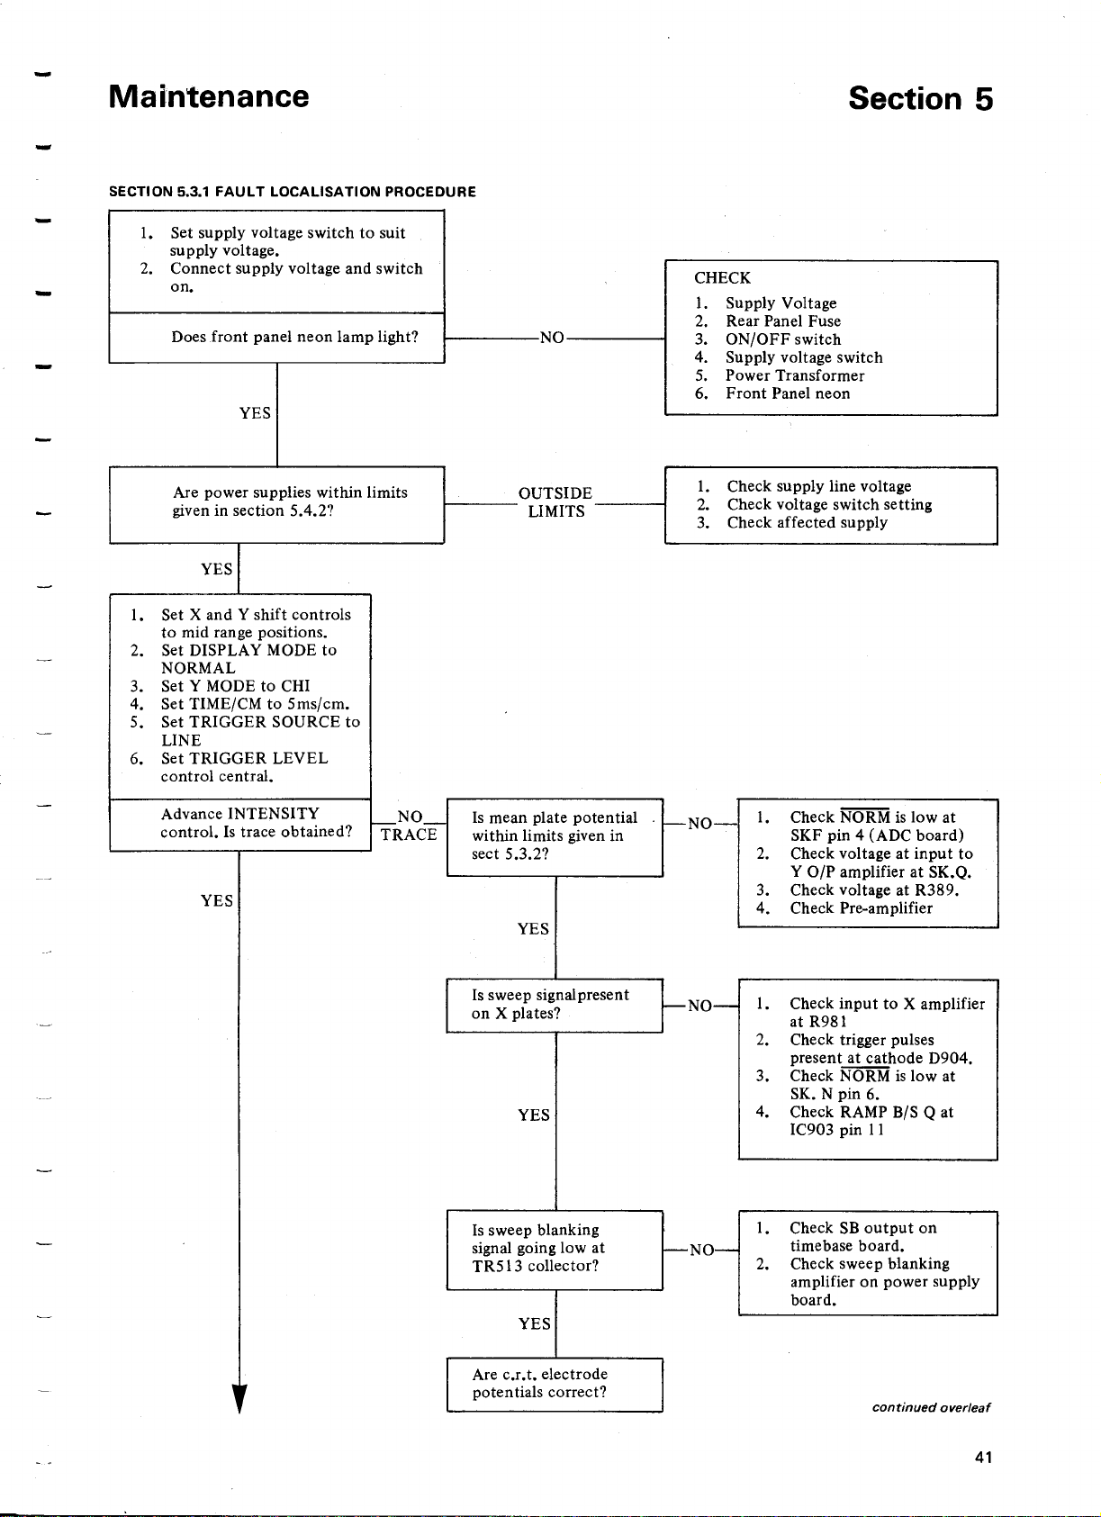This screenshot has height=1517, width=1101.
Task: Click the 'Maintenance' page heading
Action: point(209,97)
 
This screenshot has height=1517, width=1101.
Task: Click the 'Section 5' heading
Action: point(920,99)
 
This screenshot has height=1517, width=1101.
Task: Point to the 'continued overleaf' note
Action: point(931,1407)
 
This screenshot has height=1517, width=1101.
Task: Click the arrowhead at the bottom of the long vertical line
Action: point(239,1398)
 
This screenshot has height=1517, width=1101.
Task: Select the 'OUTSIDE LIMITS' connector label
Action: point(555,501)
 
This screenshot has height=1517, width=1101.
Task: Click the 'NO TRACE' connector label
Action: point(409,826)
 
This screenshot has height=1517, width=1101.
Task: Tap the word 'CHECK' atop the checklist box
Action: point(723,278)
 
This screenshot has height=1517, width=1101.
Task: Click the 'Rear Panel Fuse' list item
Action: point(782,321)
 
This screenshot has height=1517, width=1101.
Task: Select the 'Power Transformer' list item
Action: point(795,375)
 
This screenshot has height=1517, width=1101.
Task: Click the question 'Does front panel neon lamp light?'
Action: point(294,338)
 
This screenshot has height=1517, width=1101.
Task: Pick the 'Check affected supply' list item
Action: point(808,522)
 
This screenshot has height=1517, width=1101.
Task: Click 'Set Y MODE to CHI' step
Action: point(235,686)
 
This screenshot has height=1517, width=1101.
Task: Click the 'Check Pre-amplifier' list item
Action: point(861,908)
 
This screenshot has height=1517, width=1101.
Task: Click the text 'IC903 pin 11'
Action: point(837,1130)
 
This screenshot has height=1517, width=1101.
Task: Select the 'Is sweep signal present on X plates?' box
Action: point(555,1005)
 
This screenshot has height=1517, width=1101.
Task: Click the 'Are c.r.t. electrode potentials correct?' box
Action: point(555,1385)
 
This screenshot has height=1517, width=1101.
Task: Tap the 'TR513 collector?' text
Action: point(535,1266)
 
